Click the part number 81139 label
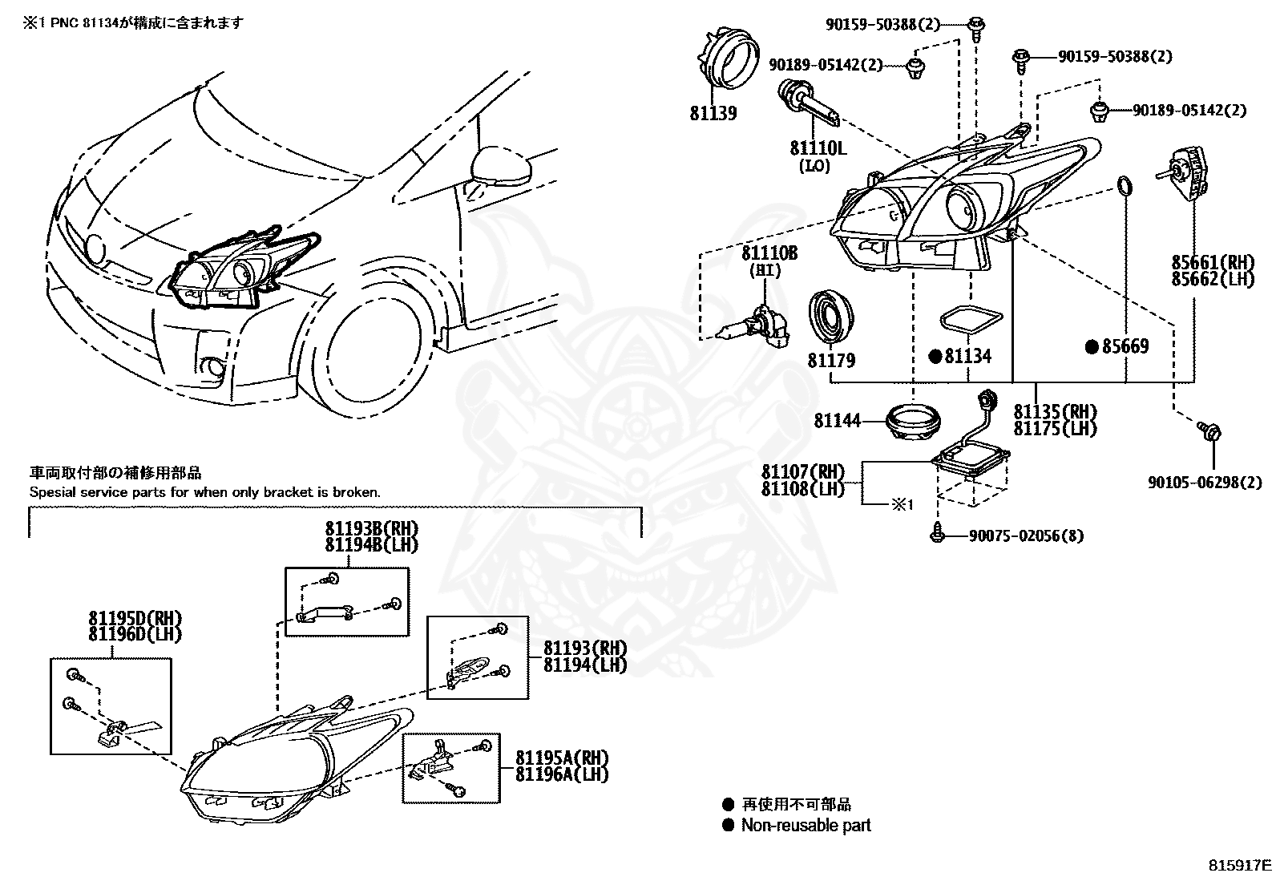click(x=713, y=113)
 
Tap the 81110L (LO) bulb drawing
click(x=810, y=104)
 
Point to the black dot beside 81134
click(x=935, y=357)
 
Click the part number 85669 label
click(x=1125, y=346)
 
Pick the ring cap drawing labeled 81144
click(x=914, y=422)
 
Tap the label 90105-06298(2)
click(x=1205, y=483)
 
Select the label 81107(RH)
click(x=802, y=471)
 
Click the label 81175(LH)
click(x=1055, y=429)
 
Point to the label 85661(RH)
click(x=1213, y=262)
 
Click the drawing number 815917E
click(x=1240, y=865)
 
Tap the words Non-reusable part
click(x=806, y=825)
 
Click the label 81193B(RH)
click(x=372, y=528)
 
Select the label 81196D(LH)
click(x=135, y=634)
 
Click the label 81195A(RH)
click(x=562, y=758)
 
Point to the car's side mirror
click(x=501, y=167)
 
